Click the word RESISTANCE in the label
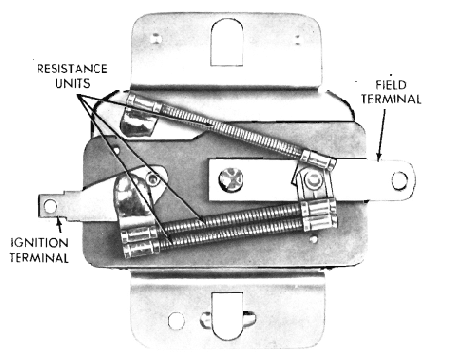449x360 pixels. pyautogui.click(x=72, y=69)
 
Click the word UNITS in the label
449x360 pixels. pyautogui.click(x=72, y=83)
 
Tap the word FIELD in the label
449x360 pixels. pyautogui.click(x=391, y=85)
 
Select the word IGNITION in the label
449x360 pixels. pyautogui.click(x=39, y=243)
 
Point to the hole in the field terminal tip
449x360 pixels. pyautogui.click(x=399, y=181)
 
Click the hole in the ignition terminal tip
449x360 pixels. pyautogui.click(x=51, y=206)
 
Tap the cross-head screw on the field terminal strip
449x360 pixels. pyautogui.click(x=231, y=179)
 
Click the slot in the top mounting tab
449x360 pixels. pyautogui.click(x=227, y=43)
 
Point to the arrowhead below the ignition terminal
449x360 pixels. pyautogui.click(x=59, y=221)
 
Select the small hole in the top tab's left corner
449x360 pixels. pyautogui.click(x=157, y=38)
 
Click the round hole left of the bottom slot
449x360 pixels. pyautogui.click(x=176, y=321)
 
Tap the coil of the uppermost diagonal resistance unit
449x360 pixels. pyautogui.click(x=232, y=129)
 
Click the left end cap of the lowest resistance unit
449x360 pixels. pyautogui.click(x=141, y=251)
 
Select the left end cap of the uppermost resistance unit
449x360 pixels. pyautogui.click(x=144, y=102)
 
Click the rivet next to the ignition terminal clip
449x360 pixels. pyautogui.click(x=152, y=179)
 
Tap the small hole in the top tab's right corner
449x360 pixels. pyautogui.click(x=298, y=39)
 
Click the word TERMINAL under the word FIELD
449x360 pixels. pyautogui.click(x=392, y=99)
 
